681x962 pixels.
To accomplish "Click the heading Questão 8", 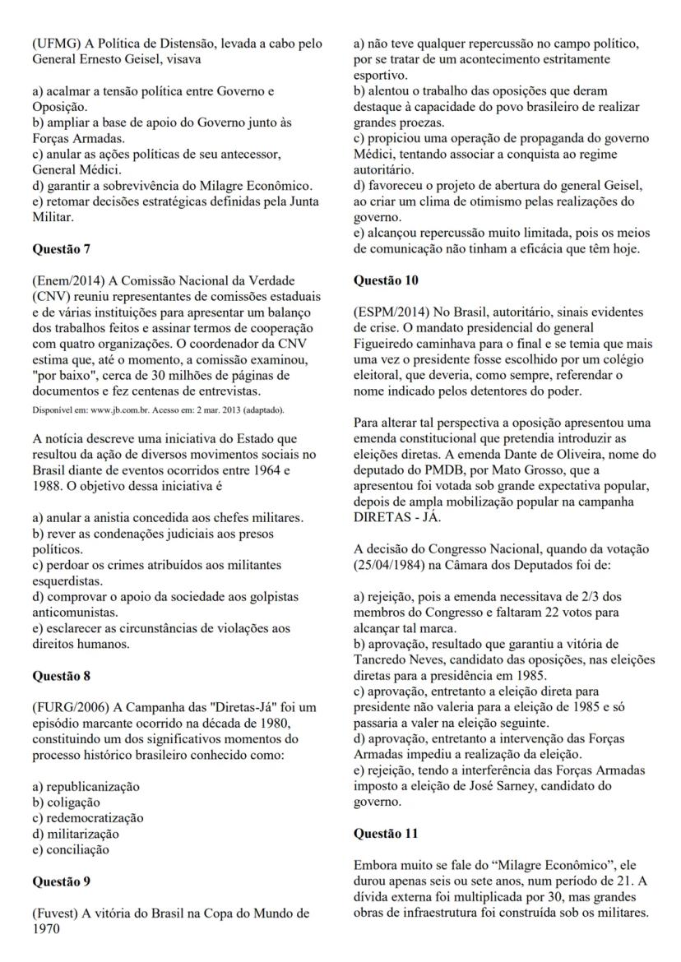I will pyautogui.click(x=62, y=676).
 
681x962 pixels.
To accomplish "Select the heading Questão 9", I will pyautogui.click(x=62, y=881).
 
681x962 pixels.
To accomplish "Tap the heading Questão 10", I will pyautogui.click(x=386, y=280).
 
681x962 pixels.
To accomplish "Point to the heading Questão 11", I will pyautogui.click(x=386, y=833).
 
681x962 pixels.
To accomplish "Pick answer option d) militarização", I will pyautogui.click(x=75, y=834).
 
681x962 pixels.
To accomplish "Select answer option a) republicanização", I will pyautogui.click(x=85, y=786).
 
